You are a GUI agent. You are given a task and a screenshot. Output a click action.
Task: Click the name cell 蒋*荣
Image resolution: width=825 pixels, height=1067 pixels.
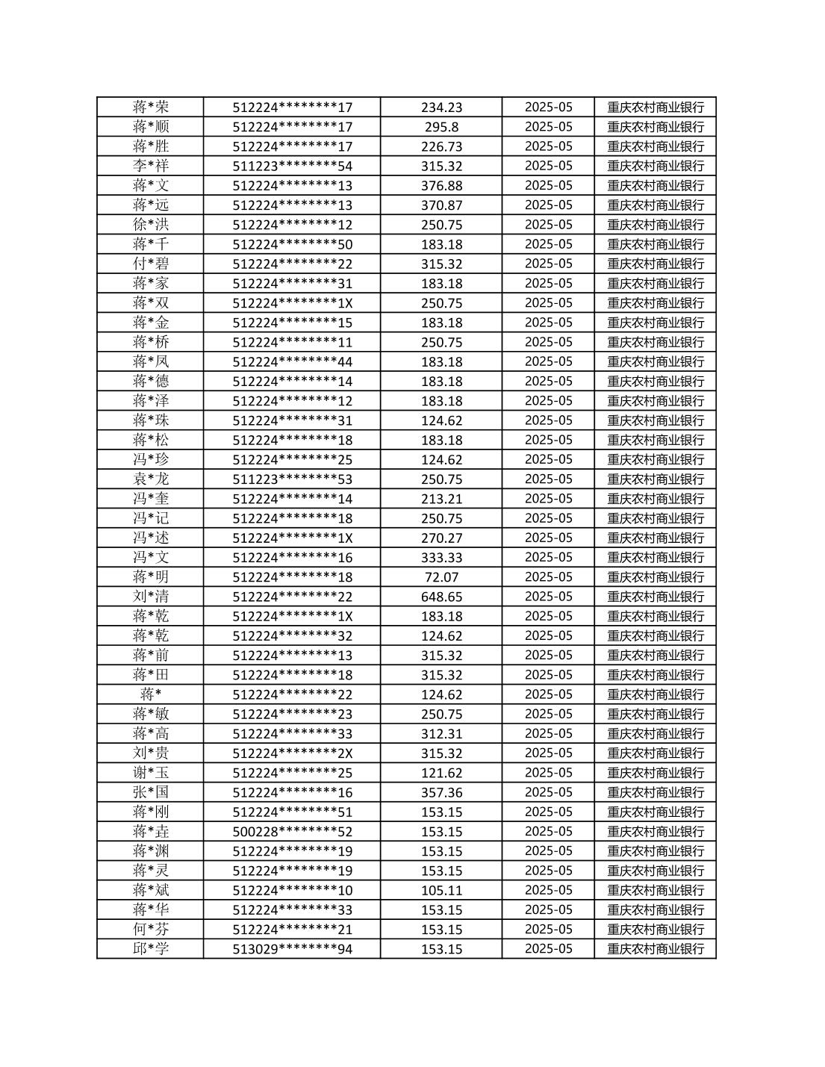[x=151, y=107]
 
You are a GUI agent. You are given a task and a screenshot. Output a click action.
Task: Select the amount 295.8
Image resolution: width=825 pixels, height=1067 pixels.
[x=441, y=127]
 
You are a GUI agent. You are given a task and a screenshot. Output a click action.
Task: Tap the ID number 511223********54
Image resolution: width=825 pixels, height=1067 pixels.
[x=292, y=166]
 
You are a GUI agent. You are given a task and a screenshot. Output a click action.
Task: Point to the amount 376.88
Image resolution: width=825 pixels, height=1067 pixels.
[x=441, y=185]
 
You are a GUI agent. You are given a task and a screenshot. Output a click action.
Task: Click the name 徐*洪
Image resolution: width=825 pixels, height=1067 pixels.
[x=151, y=224]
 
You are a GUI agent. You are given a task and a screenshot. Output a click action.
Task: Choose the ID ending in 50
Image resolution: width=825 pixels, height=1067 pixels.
[x=292, y=244]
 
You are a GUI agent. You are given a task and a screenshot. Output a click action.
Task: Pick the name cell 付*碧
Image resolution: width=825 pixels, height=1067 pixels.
[x=151, y=264]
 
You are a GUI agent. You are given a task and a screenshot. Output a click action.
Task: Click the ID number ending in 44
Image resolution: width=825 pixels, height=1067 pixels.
[x=292, y=361]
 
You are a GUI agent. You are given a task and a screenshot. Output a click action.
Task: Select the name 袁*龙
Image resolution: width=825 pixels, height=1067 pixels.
[x=151, y=479]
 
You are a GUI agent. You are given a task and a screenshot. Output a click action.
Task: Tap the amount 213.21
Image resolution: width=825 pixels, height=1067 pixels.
[x=441, y=499]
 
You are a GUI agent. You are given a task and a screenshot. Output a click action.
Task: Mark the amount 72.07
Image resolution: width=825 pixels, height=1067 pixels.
[x=441, y=577]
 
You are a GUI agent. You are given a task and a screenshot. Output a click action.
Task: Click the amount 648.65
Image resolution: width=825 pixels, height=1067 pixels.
[x=441, y=597]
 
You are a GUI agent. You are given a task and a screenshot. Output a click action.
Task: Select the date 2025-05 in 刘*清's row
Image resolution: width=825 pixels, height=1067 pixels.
[x=548, y=597]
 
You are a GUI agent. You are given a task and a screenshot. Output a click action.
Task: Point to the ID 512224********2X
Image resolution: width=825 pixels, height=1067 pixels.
[x=292, y=753]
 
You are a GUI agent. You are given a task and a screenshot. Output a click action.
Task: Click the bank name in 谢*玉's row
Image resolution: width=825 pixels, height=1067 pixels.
[x=655, y=773]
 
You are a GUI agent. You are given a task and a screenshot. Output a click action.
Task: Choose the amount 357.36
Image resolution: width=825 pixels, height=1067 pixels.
[x=441, y=792]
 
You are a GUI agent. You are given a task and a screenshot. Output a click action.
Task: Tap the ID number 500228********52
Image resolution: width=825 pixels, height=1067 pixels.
[x=292, y=831]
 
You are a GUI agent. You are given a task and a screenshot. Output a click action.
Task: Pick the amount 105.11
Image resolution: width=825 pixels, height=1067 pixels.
[x=441, y=890]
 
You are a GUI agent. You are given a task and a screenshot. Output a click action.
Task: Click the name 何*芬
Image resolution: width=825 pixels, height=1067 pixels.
[x=151, y=929]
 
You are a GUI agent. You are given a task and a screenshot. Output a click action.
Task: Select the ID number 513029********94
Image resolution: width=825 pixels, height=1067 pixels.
[x=292, y=949]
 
